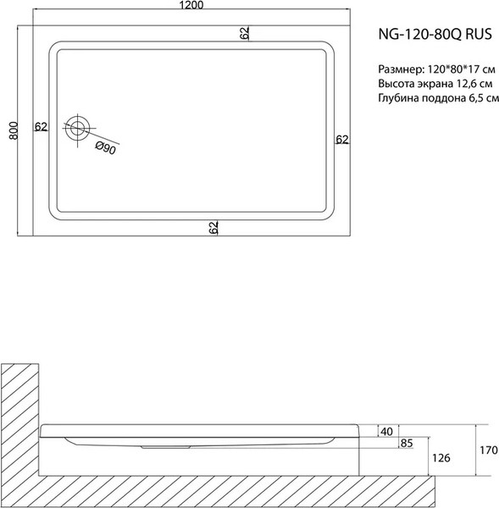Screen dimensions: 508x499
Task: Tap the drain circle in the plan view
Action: click(78, 129)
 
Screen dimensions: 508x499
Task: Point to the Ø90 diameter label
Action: click(106, 148)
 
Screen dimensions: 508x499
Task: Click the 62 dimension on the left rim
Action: click(41, 127)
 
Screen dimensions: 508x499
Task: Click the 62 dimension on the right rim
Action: click(341, 139)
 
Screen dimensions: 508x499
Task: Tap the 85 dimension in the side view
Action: click(407, 444)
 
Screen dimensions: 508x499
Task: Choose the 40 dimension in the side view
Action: click(387, 432)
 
